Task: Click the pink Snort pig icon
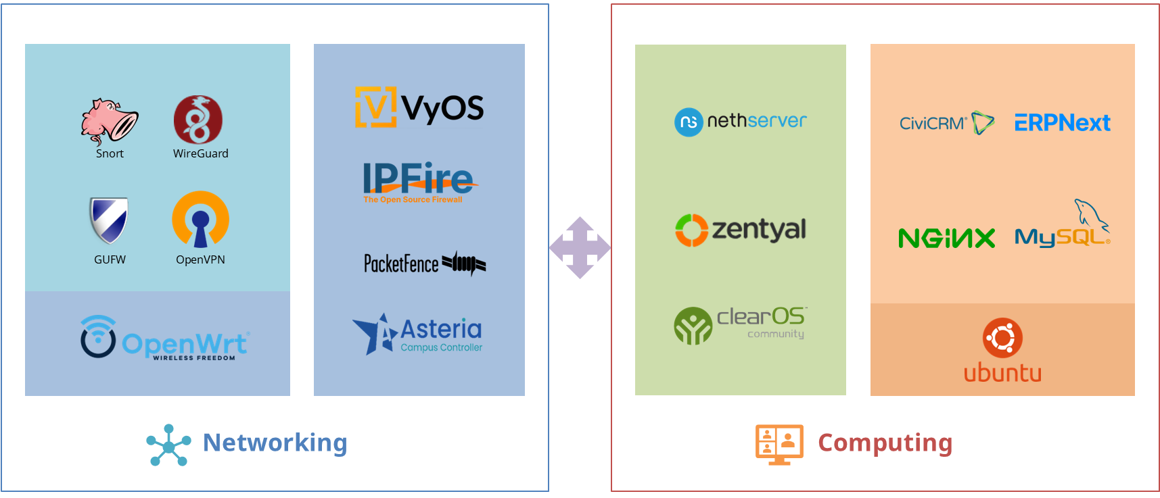(x=109, y=121)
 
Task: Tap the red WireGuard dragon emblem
(x=198, y=120)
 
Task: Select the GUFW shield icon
(x=109, y=220)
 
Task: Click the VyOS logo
(x=419, y=107)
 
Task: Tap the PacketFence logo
(x=424, y=263)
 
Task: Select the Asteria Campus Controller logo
(x=418, y=334)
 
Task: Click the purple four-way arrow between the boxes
(x=580, y=247)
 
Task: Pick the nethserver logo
(x=740, y=122)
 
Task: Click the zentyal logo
(x=740, y=230)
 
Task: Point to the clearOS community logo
(x=740, y=324)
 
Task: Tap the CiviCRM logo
(x=946, y=123)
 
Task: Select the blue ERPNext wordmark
(x=1062, y=123)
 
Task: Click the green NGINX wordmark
(x=946, y=238)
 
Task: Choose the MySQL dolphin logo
(x=1063, y=226)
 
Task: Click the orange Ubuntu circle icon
(x=1002, y=338)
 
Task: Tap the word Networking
(x=275, y=443)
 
